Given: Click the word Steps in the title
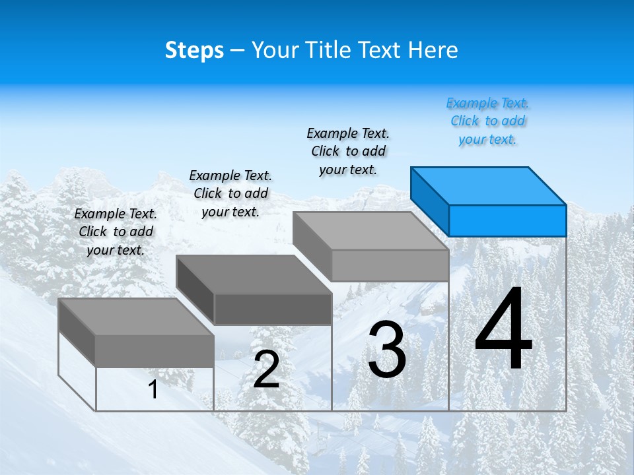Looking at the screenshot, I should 194,50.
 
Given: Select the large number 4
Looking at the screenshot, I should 503,329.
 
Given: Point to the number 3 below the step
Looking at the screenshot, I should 387,350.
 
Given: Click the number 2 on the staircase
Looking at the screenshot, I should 266,370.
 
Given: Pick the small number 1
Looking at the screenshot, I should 153,390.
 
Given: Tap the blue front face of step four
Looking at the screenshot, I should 507,220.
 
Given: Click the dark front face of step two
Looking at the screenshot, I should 273,309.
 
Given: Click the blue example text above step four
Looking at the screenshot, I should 488,121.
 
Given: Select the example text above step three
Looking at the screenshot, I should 348,151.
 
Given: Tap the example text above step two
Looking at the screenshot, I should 230,193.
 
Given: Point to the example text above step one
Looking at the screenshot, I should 116,232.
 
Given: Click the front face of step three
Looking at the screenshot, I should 390,265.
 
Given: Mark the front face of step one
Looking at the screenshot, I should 155,350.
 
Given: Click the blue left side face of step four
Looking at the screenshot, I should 429,201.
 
